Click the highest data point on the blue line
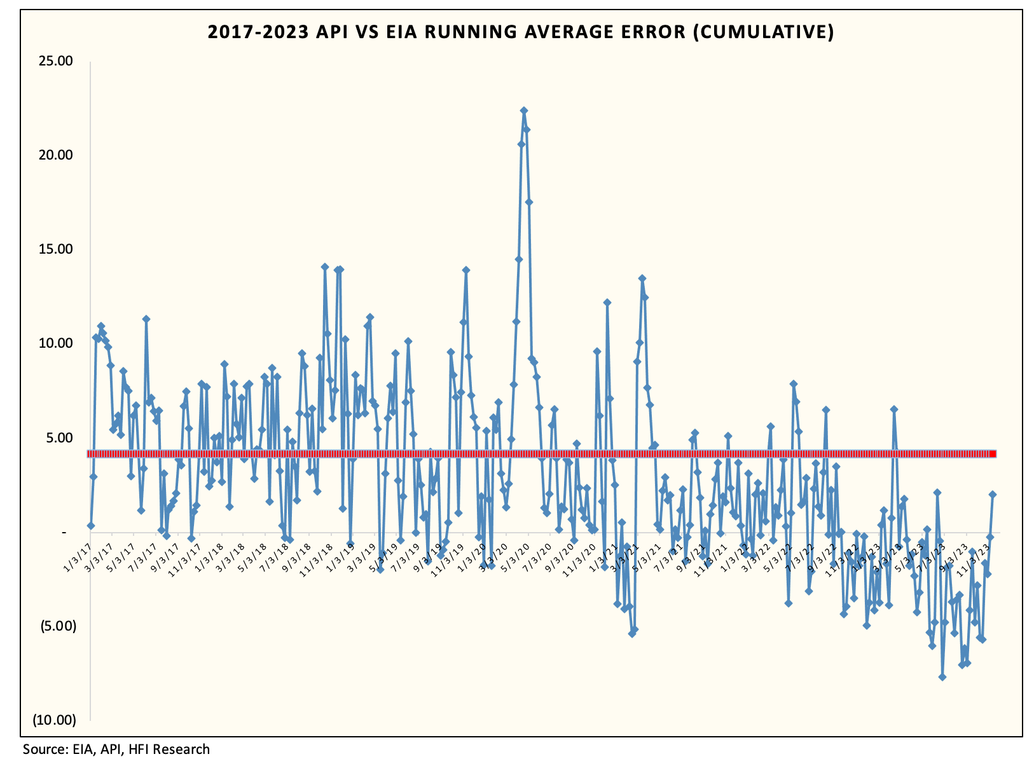coord(523,111)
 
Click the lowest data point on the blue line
coord(942,677)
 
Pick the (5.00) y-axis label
coord(59,626)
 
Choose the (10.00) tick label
coord(55,720)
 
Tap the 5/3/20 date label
coord(516,553)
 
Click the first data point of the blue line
coord(91,526)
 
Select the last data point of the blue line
coord(992,495)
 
